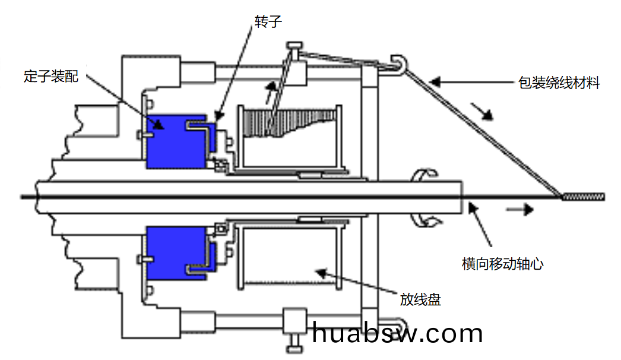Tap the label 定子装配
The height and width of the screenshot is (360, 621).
pyautogui.click(x=51, y=75)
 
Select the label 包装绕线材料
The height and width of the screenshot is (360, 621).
pyautogui.click(x=559, y=83)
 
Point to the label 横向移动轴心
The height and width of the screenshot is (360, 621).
pyautogui.click(x=503, y=264)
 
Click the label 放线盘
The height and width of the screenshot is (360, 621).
pyautogui.click(x=420, y=299)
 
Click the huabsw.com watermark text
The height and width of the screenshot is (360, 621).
pyautogui.click(x=397, y=333)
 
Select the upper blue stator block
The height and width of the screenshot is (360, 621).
pyautogui.click(x=176, y=141)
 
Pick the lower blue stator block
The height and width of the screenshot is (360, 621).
pyautogui.click(x=176, y=253)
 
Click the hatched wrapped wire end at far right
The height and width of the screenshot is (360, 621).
pyautogui.click(x=584, y=197)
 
